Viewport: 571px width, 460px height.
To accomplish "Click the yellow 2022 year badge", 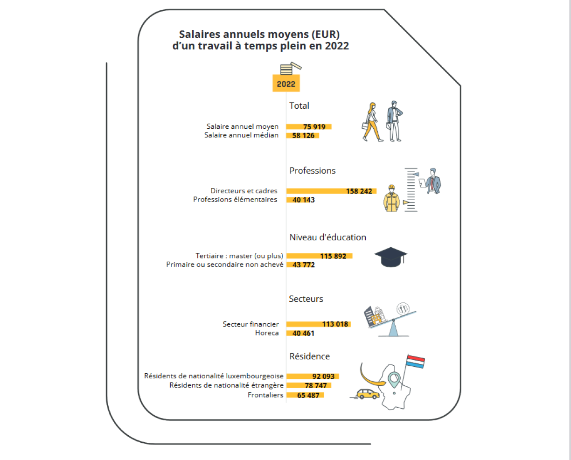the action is coord(286,84).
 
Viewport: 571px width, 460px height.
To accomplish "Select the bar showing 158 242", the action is coord(331,191).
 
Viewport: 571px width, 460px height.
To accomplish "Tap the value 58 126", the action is coord(303,135).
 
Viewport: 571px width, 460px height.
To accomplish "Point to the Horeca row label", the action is coord(267,333).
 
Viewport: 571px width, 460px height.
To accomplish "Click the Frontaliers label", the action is coord(265,395).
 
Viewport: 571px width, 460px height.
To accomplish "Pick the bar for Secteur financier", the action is coord(319,324).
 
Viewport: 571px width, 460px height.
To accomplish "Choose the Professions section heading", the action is coord(312,170).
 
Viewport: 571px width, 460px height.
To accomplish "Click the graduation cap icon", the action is coord(390,257).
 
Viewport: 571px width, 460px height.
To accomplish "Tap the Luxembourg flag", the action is coord(416,362).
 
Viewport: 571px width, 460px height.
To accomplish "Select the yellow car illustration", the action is coord(368,394).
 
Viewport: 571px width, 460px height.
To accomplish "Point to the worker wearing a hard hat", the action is coord(391,198).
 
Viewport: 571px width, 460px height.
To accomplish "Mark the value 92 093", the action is coord(323,376).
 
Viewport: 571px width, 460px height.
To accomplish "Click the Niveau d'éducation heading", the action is coord(327,237).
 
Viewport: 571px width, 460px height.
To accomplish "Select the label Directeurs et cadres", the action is coord(244,191).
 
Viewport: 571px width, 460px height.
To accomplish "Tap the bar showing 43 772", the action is coord(300,265).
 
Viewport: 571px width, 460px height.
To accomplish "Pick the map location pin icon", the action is coord(394,380).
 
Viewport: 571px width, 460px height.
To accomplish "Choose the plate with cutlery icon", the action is coord(403,308).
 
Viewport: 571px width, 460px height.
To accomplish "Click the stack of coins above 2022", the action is coord(291,69).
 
